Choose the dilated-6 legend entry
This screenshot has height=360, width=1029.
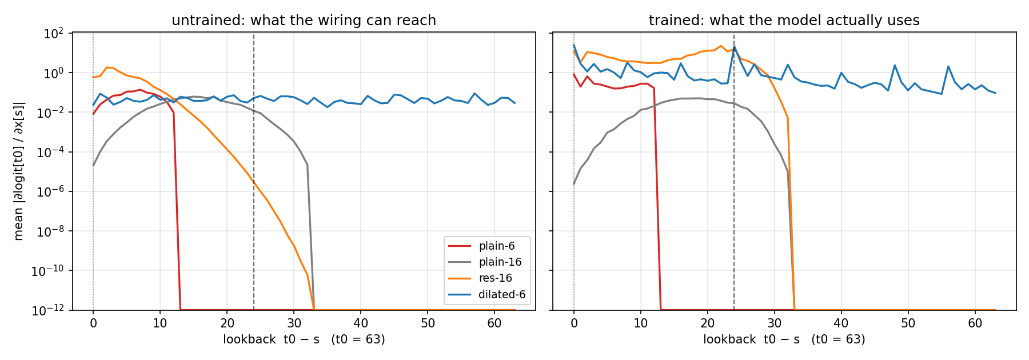(x=486, y=295)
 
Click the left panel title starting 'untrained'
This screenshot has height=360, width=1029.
(x=304, y=21)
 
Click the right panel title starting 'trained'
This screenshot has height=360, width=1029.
(x=784, y=21)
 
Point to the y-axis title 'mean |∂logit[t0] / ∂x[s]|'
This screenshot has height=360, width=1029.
(x=19, y=171)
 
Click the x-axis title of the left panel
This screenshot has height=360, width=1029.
(x=304, y=339)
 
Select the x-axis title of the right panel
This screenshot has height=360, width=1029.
(x=784, y=339)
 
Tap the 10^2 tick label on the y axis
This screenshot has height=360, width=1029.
(x=53, y=33)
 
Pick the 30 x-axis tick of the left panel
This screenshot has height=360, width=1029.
(x=294, y=323)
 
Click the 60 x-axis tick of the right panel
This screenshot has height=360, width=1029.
(x=975, y=323)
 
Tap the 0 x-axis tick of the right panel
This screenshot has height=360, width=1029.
(x=574, y=323)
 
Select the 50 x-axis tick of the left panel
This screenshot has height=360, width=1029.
(x=428, y=323)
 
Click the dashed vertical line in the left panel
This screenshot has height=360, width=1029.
(x=254, y=171)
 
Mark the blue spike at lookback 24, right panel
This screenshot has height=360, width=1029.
(x=734, y=47)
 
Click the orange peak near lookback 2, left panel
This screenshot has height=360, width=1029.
(x=107, y=67)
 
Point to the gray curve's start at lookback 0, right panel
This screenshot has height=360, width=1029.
(x=574, y=184)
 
